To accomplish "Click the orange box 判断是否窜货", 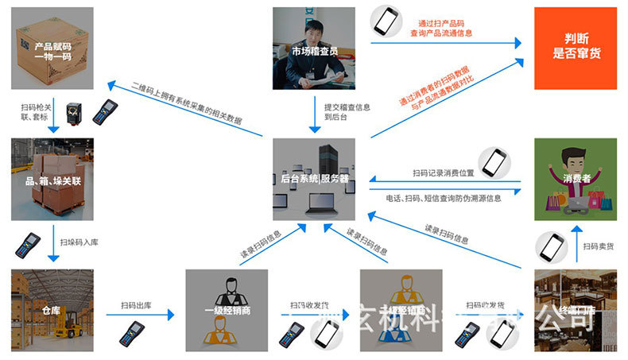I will (574, 48).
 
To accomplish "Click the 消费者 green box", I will (574, 179).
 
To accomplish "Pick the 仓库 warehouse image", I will (52, 310).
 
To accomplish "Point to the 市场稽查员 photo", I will (312, 48).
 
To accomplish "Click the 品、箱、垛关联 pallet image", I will (52, 179).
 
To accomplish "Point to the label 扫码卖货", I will (599, 246).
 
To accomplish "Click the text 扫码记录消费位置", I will (443, 172).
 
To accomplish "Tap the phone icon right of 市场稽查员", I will (387, 21).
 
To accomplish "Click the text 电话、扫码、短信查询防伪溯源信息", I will (443, 198).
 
